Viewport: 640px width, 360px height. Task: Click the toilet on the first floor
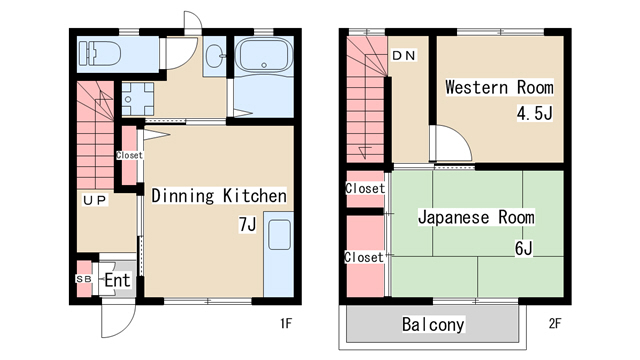pos(100,53)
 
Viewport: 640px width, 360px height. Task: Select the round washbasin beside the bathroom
pos(214,56)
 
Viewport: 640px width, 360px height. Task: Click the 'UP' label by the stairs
pos(94,200)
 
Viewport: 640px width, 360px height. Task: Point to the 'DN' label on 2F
pos(403,55)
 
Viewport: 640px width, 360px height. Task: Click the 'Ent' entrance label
pos(117,280)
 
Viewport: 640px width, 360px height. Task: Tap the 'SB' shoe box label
pos(84,279)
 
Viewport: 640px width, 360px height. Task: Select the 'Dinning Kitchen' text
pos(219,196)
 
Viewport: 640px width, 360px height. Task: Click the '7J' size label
pos(247,224)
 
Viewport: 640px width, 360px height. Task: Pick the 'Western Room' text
pos(499,87)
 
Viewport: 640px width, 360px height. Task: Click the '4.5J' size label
pos(534,113)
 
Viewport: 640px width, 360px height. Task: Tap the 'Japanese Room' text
pos(476,217)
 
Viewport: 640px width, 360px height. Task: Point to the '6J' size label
pos(524,248)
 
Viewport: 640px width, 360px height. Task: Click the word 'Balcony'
pos(433,324)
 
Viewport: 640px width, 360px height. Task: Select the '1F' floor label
pos(286,324)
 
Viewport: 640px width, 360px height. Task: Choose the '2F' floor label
pos(555,324)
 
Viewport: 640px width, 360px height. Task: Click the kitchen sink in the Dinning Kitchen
pos(280,235)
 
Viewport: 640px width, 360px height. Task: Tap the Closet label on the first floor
pos(129,155)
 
